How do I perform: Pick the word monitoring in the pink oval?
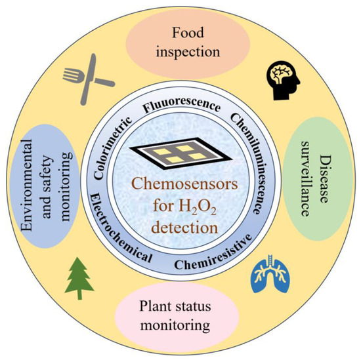[179, 325]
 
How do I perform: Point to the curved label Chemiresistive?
[215, 261]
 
